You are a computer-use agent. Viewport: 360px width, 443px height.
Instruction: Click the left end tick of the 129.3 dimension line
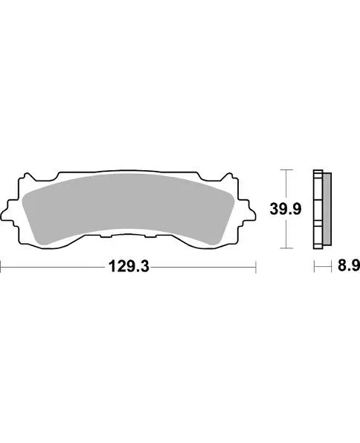pos(1,266)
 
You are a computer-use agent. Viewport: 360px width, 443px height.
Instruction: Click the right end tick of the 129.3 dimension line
pos(256,266)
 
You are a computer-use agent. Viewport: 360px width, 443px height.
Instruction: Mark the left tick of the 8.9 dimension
pos(314,266)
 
